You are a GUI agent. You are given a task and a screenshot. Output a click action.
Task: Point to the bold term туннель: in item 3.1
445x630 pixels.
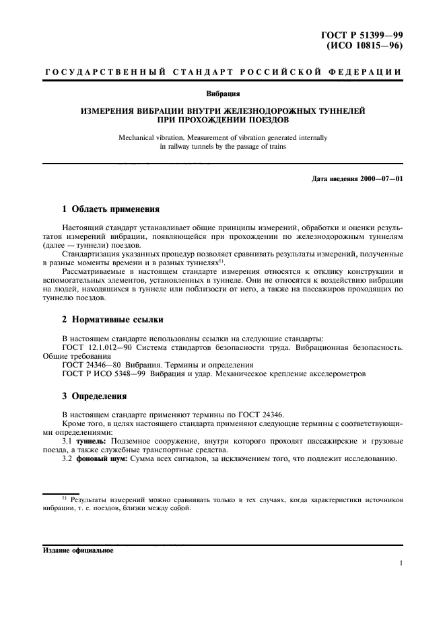click(x=92, y=441)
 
